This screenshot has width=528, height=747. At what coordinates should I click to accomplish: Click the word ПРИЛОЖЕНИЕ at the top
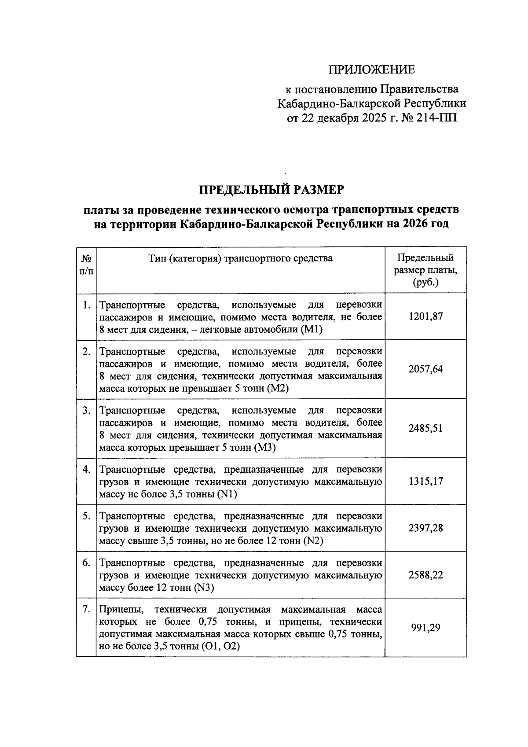tap(372, 70)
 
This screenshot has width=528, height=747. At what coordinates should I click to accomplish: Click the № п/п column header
tap(86, 265)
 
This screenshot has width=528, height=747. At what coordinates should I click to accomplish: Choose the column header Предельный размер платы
tap(425, 270)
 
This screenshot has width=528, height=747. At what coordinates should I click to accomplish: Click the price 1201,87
tap(425, 316)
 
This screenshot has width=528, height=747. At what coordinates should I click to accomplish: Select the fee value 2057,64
tap(425, 369)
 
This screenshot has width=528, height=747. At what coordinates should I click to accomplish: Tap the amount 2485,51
tap(425, 428)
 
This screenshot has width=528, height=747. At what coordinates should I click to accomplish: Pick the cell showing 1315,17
tap(425, 481)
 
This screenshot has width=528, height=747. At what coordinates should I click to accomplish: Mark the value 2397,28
tap(425, 528)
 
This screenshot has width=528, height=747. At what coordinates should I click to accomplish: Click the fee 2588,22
tap(425, 575)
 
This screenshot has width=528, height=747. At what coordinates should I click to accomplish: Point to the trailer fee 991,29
tap(425, 628)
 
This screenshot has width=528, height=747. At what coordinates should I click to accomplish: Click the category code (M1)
tap(312, 330)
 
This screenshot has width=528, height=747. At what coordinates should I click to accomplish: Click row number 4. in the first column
tap(87, 469)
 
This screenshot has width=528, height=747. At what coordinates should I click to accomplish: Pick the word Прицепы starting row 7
tap(117, 610)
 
